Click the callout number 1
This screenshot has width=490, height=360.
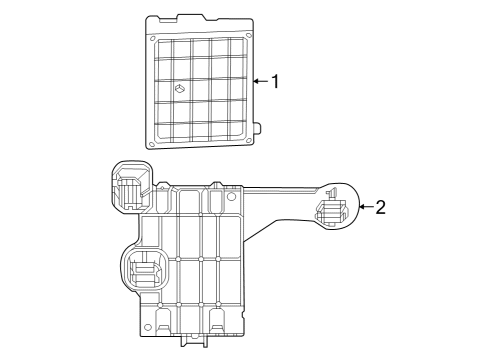[275, 81]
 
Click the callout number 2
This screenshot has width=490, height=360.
[380, 208]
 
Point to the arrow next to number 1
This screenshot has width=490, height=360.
[259, 81]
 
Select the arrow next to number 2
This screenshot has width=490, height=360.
[363, 208]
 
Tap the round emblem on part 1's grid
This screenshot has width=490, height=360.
[180, 90]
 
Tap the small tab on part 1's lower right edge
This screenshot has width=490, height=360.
[258, 129]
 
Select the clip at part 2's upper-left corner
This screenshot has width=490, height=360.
[129, 183]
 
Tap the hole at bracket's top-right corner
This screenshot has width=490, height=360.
[232, 196]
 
